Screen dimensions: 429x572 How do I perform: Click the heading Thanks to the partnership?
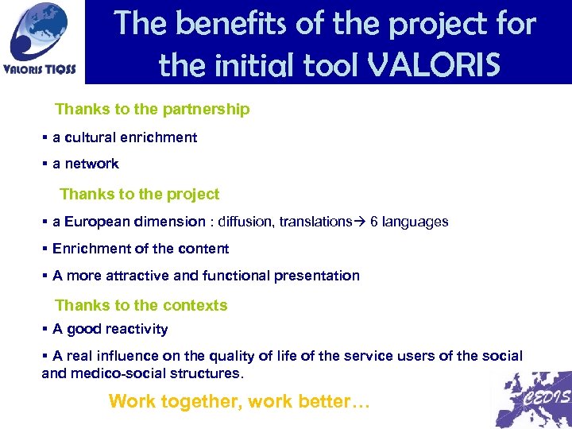click(152, 110)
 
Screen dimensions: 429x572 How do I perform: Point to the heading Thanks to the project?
click(139, 195)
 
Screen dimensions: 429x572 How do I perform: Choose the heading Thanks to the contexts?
click(141, 305)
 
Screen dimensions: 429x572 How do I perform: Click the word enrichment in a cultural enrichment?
click(160, 137)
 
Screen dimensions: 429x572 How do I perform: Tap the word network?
click(91, 164)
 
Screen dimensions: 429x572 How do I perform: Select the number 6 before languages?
click(374, 222)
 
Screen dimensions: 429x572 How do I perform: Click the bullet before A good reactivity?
click(44, 329)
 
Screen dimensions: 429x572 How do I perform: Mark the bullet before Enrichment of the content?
click(44, 249)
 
